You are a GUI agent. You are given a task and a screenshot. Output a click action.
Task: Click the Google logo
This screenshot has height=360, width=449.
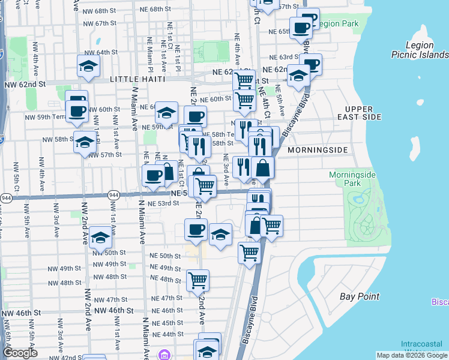[20, 353]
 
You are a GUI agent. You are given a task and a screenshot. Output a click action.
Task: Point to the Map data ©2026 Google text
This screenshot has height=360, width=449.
[412, 355]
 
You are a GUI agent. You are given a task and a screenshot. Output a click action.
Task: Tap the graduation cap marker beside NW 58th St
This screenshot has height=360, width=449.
[85, 142]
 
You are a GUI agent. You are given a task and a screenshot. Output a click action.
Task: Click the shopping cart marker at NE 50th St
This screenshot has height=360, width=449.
[249, 252]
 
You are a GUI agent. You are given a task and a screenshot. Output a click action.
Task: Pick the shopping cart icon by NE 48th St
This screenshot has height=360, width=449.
[197, 279]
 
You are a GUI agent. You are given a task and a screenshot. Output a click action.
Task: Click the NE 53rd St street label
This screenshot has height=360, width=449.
[164, 203]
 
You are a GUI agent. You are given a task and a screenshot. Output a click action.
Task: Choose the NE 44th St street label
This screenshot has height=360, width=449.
[167, 334]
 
